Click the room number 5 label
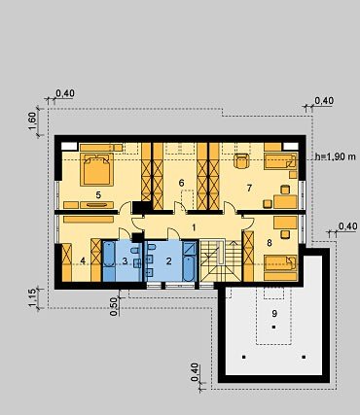pyautogui.click(x=98, y=194)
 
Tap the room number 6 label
pyautogui.click(x=181, y=183)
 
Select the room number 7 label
pyautogui.click(x=249, y=188)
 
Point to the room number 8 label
pyautogui.click(x=270, y=243)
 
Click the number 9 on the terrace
pyautogui.click(x=274, y=313)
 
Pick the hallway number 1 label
pyautogui.click(x=194, y=227)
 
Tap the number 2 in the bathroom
pyautogui.click(x=168, y=261)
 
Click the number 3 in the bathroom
pyautogui.click(x=126, y=261)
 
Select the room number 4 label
pyautogui.click(x=83, y=260)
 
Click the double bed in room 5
pyautogui.click(x=97, y=169)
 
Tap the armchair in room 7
pyautogui.click(x=241, y=161)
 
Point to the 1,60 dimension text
pyautogui.click(x=33, y=121)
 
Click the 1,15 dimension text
pyautogui.click(x=33, y=297)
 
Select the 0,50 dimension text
pyautogui.click(x=114, y=306)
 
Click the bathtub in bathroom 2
pyautogui.click(x=189, y=269)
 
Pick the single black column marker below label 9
pyautogui.click(x=274, y=328)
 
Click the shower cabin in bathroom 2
pyautogui.click(x=189, y=249)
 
